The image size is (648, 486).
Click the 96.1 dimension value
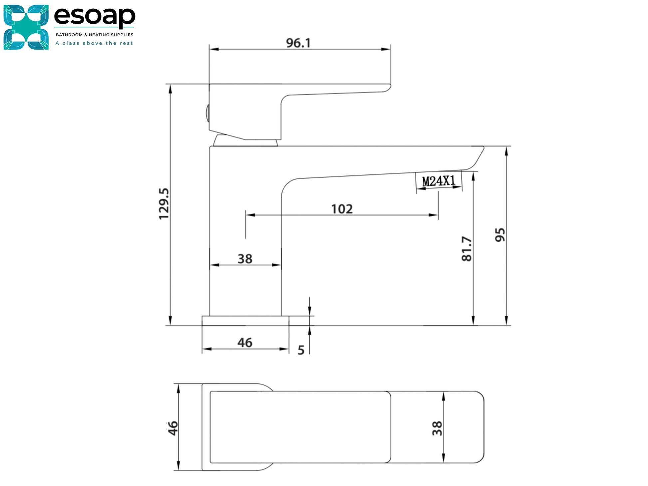[298, 43]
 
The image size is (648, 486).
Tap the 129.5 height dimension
[164, 204]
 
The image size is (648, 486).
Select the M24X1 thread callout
[439, 181]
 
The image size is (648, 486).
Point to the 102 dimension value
[342, 209]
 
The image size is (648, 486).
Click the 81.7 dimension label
[467, 249]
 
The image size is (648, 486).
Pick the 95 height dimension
[500, 235]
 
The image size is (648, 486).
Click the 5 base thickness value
[301, 350]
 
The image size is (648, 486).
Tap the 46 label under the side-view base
[245, 343]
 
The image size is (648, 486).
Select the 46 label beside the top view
[173, 428]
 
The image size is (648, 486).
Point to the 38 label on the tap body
[245, 259]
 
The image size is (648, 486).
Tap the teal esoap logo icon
[26, 27]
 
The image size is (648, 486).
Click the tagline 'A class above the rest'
[94, 43]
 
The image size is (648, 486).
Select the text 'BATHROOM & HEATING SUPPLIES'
[95, 35]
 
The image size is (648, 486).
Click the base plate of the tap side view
[245, 320]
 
